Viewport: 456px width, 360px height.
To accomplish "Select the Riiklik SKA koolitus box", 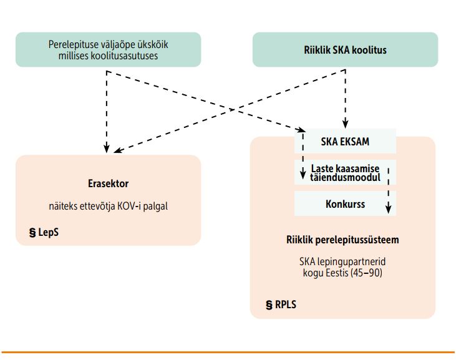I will pyautogui.click(x=345, y=50).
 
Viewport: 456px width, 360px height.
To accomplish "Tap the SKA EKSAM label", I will pyautogui.click(x=345, y=142).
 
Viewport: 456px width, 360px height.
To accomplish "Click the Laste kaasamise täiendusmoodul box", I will pyautogui.click(x=345, y=172).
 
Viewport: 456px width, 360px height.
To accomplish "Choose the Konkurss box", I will pyautogui.click(x=345, y=204).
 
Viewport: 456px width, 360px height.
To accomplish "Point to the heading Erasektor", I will pyautogui.click(x=108, y=184).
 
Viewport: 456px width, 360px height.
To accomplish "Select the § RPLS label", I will pyautogui.click(x=280, y=306).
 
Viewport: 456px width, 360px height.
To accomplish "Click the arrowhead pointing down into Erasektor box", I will pyautogui.click(x=107, y=149).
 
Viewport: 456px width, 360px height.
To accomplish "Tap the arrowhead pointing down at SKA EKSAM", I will pyautogui.click(x=344, y=125).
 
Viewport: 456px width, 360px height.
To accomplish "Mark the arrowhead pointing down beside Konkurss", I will pyautogui.click(x=389, y=210).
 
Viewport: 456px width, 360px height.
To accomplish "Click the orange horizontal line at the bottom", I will pyautogui.click(x=228, y=353).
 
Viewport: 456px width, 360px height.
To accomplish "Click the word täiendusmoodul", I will pyautogui.click(x=346, y=177).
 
